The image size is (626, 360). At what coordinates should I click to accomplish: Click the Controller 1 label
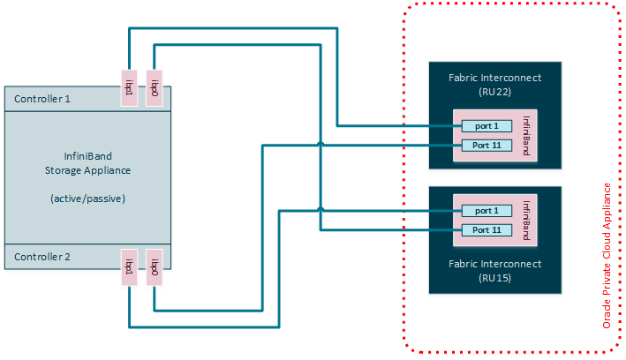[x=42, y=99]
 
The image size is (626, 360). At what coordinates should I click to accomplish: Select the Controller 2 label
[x=42, y=258]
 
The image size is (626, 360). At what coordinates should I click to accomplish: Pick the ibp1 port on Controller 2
[x=129, y=266]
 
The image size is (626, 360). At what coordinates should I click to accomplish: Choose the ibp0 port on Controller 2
[x=155, y=266]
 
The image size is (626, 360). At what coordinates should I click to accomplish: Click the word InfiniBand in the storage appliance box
[x=87, y=155]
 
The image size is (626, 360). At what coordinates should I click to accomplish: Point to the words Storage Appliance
[x=87, y=170]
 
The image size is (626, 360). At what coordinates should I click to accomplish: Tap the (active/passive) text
[x=87, y=199]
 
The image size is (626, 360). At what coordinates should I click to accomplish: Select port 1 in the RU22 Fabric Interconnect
[x=486, y=127]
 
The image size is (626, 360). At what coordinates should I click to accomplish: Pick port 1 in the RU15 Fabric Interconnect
[x=486, y=211]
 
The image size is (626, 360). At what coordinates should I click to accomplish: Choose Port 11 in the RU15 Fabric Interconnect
[x=486, y=229]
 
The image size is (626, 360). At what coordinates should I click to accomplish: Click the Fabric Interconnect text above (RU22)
[x=494, y=78]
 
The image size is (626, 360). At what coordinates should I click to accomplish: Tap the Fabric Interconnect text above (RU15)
[x=494, y=264]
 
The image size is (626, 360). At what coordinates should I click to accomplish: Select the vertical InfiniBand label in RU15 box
[x=527, y=220]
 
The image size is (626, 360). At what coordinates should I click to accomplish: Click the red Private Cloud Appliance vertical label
[x=607, y=256]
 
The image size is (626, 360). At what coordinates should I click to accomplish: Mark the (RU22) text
[x=494, y=91]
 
